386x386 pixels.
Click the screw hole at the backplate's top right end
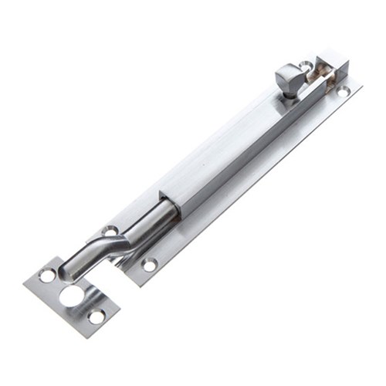click(x=342, y=91)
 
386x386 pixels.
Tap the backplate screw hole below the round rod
click(x=149, y=264)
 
